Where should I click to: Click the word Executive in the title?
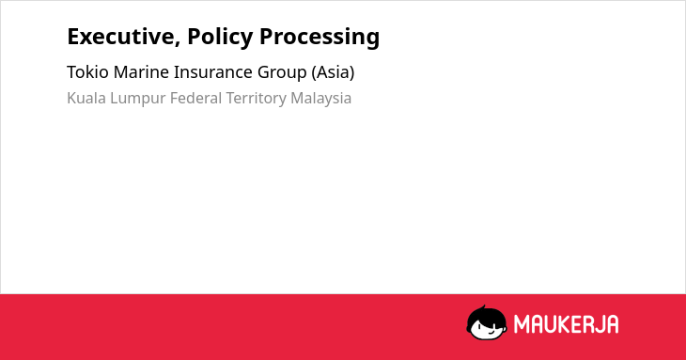click(121, 37)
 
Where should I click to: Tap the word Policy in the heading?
click(220, 38)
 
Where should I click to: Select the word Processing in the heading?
click(320, 38)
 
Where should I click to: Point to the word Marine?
click(141, 71)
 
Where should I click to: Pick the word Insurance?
click(213, 71)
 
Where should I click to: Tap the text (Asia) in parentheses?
click(333, 72)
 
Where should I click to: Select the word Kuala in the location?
click(86, 98)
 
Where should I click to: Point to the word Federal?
click(196, 98)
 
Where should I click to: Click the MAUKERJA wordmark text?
click(566, 324)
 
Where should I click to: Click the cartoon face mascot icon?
click(487, 322)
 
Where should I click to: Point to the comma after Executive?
click(178, 44)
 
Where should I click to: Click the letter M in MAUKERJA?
click(522, 324)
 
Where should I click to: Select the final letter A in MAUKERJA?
click(612, 324)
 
